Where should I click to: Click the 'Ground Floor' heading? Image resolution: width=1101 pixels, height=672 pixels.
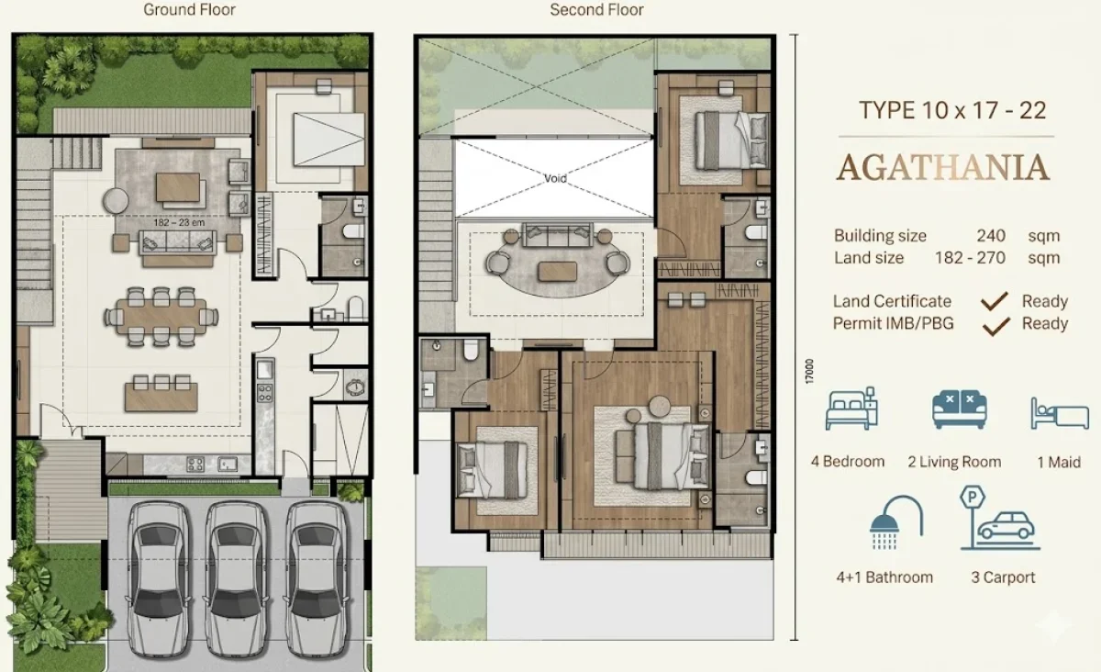click(189, 11)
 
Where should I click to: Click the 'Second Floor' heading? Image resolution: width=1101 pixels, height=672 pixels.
click(596, 11)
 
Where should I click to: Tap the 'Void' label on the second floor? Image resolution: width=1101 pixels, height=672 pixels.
click(555, 178)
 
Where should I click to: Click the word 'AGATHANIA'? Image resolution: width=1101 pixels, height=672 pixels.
click(943, 168)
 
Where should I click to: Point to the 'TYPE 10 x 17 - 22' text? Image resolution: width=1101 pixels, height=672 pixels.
click(952, 111)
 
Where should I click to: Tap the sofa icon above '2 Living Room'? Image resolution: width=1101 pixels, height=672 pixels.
click(959, 409)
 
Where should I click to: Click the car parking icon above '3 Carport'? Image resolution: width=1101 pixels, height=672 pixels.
click(1000, 520)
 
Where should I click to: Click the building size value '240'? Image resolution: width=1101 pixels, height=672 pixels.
click(991, 236)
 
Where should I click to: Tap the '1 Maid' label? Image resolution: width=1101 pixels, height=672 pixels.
click(1059, 462)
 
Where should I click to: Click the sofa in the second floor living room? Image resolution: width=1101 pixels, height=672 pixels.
click(556, 237)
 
